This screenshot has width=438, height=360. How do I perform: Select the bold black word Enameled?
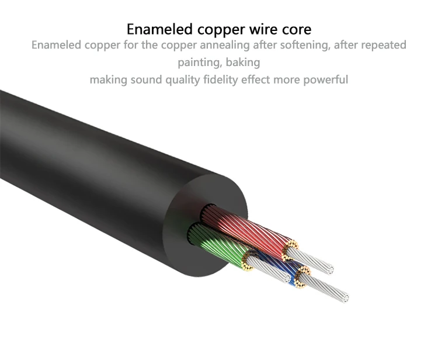[x=159, y=29]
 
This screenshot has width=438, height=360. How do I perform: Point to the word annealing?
[x=225, y=45]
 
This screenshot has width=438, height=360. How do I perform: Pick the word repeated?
[x=384, y=45]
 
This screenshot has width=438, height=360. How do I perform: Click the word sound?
[x=147, y=79]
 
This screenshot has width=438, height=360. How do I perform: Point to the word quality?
[x=182, y=80]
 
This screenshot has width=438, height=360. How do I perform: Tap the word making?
[x=109, y=80]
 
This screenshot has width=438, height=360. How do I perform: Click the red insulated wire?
[x=246, y=229]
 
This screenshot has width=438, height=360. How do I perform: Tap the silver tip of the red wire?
[x=310, y=261]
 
